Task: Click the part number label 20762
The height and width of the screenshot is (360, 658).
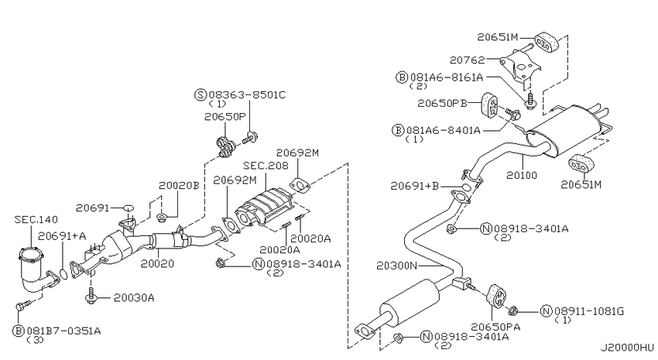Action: pyautogui.click(x=467, y=60)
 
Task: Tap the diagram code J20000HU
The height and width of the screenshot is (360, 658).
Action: pyautogui.click(x=626, y=348)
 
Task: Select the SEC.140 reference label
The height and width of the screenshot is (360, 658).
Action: pyautogui.click(x=36, y=219)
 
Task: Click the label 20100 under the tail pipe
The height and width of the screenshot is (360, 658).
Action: pyautogui.click(x=522, y=176)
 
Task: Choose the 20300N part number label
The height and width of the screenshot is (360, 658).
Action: pyautogui.click(x=396, y=266)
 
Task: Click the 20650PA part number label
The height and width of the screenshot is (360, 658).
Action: pyautogui.click(x=495, y=327)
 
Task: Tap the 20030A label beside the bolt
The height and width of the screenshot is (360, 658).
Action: pyautogui.click(x=134, y=298)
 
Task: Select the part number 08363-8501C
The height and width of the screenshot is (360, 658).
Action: pyautogui.click(x=247, y=94)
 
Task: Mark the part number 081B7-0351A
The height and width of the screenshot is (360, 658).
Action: pyautogui.click(x=63, y=331)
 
